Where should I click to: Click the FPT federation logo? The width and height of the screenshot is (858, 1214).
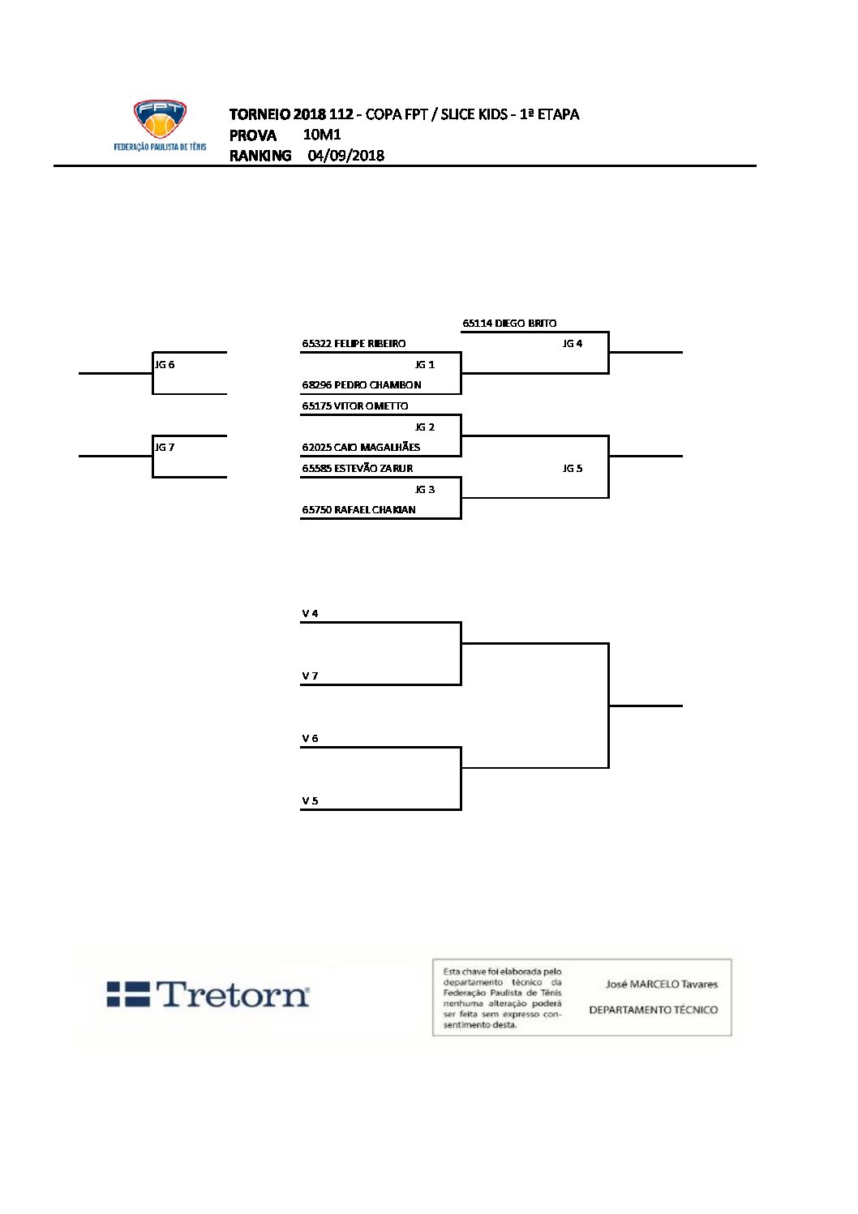click(160, 125)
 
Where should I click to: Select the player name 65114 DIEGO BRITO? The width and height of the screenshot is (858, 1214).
click(509, 323)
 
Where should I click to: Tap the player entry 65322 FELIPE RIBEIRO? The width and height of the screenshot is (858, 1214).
click(354, 344)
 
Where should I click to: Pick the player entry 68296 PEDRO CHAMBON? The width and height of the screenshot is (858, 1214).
click(361, 385)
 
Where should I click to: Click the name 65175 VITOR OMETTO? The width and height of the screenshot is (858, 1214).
click(355, 405)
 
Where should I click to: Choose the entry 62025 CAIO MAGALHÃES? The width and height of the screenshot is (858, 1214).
click(361, 447)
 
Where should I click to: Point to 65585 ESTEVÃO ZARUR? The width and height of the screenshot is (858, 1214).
click(357, 468)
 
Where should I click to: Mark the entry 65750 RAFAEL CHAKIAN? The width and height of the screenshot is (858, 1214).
click(358, 509)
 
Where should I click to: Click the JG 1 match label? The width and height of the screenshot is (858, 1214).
click(425, 365)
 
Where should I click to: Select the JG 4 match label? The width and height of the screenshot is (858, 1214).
click(573, 344)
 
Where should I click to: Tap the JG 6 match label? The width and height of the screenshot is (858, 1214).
click(165, 365)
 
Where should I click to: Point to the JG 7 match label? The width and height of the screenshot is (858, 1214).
click(165, 448)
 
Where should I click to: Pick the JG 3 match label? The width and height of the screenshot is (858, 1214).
click(425, 490)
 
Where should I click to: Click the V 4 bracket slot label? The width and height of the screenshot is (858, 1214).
click(310, 614)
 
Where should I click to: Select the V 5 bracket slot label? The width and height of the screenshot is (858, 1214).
click(310, 801)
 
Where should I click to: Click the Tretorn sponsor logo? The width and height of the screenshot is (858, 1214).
click(208, 994)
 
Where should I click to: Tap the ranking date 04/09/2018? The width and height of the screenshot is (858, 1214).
click(345, 156)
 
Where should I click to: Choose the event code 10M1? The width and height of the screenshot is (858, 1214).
click(322, 135)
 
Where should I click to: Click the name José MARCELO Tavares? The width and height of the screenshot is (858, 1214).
click(661, 984)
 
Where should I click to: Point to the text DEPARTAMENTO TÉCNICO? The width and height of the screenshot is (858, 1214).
click(653, 1010)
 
